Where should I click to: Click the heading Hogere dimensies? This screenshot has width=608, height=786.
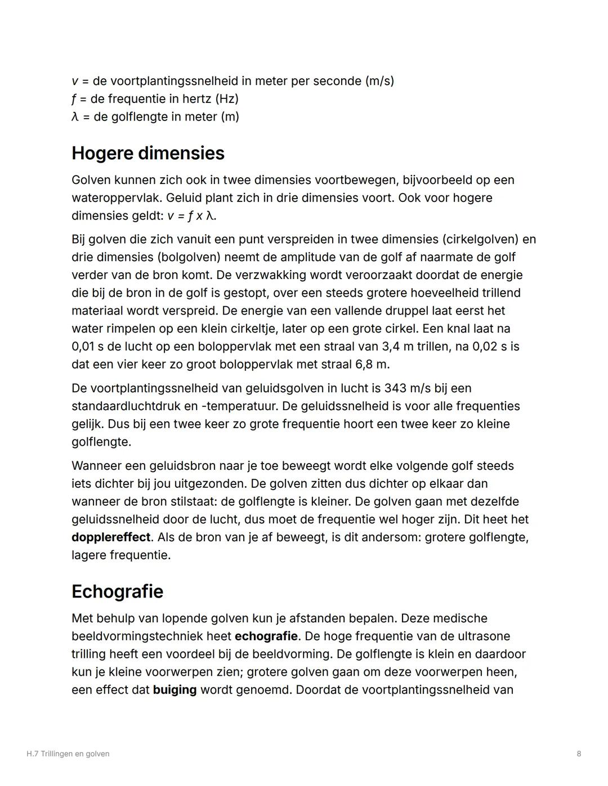(x=147, y=153)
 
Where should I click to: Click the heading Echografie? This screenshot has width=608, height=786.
(x=117, y=591)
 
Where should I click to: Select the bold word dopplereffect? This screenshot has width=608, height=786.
(x=111, y=537)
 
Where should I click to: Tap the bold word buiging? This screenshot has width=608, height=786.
(x=175, y=690)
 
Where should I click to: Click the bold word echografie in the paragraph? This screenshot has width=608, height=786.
(x=266, y=636)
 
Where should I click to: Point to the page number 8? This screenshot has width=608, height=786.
(x=579, y=754)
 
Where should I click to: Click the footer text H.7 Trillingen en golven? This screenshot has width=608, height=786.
(x=68, y=754)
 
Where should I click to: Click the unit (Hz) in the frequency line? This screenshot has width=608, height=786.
(x=226, y=99)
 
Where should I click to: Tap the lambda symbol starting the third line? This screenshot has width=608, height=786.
(x=75, y=117)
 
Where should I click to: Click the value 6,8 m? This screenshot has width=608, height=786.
(x=372, y=365)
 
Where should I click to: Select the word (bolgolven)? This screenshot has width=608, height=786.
(x=188, y=257)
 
